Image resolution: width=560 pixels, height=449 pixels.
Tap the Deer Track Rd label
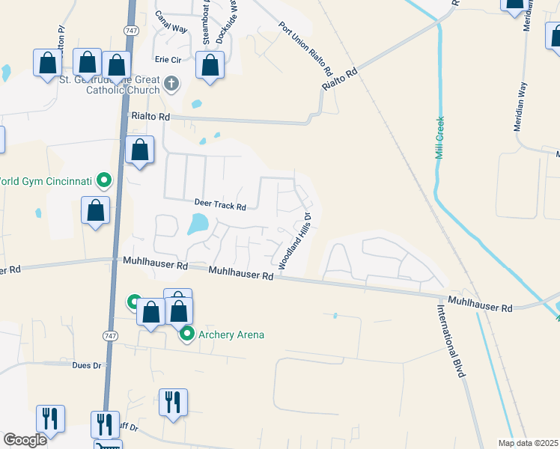221,205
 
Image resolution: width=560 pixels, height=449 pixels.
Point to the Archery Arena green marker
186,335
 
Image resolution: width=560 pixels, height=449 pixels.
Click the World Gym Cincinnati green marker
104,180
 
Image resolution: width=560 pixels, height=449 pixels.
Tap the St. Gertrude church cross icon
171,82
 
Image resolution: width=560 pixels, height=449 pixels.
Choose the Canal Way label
171,23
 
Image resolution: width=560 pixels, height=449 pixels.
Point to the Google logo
25,440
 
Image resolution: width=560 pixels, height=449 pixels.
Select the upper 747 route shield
129,29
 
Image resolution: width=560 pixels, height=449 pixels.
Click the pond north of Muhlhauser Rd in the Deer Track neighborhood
198,224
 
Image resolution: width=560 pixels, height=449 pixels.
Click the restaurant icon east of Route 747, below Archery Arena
173,402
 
